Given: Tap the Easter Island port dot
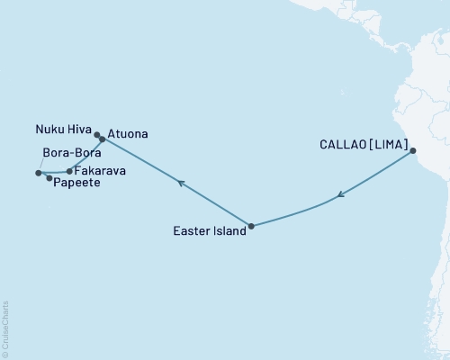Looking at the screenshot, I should pos(251,226).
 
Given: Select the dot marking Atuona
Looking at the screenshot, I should pos(102,139).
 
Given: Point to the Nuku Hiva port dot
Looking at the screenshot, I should pos(97,136).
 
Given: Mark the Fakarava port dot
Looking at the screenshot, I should pos(69,170).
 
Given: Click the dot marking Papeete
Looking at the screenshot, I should pos(49,178).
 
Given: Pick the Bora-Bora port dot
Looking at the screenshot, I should pos(38,173).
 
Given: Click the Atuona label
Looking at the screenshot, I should pos(128,135).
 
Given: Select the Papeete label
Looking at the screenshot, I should pos(76,183).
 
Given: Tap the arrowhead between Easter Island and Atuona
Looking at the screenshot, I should pos(181,184).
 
